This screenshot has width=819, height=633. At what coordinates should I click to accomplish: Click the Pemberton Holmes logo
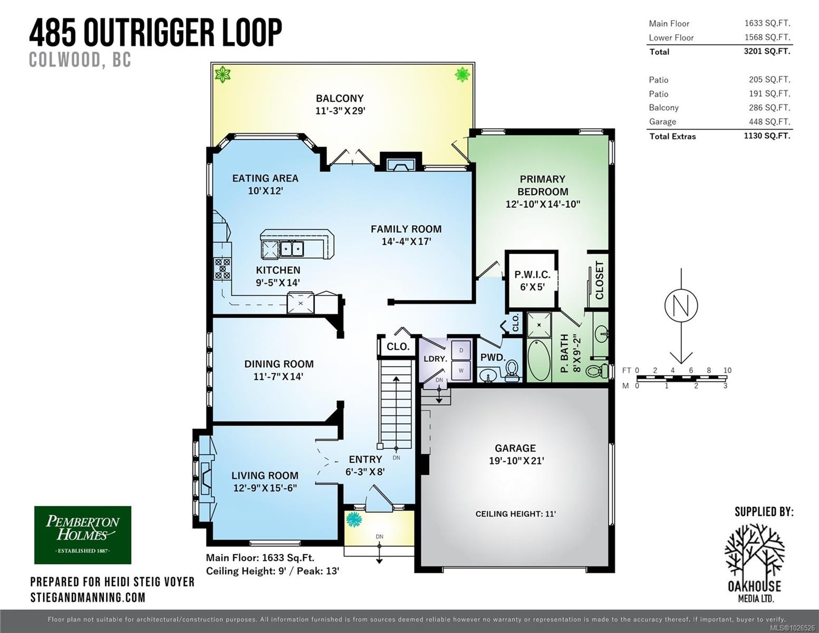82,535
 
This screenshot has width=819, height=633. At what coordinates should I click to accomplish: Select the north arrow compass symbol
681,305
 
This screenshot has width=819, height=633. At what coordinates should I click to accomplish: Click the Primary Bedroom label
542,185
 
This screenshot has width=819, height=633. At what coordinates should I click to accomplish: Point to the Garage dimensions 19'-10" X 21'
516,461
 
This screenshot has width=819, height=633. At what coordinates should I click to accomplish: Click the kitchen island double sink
292,248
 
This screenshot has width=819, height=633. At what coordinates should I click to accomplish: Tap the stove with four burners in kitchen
222,268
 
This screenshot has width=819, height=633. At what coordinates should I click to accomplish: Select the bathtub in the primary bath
539,361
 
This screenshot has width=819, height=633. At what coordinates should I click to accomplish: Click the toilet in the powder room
511,372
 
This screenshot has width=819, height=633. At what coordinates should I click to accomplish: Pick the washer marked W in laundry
461,370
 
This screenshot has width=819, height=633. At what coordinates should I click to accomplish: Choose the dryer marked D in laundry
461,350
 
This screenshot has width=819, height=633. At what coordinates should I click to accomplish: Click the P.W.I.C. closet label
532,275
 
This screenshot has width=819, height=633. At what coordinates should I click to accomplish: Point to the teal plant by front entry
353,520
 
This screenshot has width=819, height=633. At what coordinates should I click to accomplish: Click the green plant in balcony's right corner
462,74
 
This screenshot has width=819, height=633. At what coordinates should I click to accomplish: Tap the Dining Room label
278,364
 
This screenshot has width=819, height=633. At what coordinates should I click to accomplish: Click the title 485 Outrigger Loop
156,33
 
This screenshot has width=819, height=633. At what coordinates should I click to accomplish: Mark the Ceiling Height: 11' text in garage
515,514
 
